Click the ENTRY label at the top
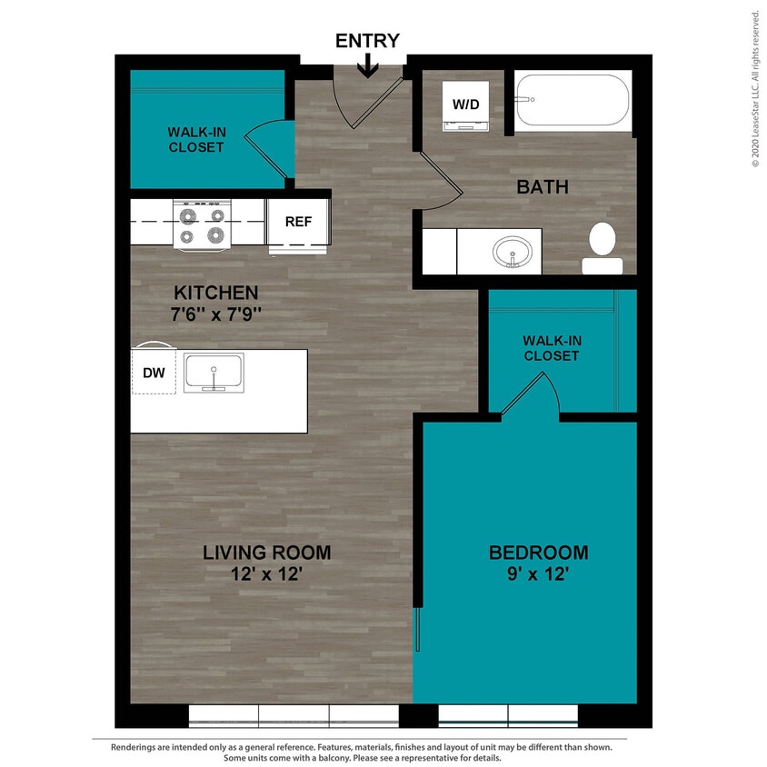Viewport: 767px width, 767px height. tap(367, 41)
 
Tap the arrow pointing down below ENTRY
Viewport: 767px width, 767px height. tap(368, 66)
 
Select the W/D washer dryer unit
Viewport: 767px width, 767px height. tap(466, 105)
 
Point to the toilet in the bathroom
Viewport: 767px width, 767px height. tap(602, 247)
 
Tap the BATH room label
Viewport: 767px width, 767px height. tap(543, 187)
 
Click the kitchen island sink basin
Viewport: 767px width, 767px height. tap(214, 373)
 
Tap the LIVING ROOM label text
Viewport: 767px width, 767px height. tap(266, 553)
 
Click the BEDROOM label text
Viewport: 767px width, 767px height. tap(538, 553)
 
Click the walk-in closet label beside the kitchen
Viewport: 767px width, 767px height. tap(195, 139)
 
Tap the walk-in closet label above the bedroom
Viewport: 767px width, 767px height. tap(551, 348)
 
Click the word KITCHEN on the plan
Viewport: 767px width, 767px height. tap(216, 293)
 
